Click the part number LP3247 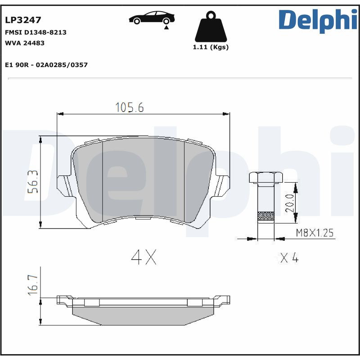click(x=23, y=20)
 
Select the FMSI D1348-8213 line click(x=36, y=32)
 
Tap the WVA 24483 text click(x=24, y=43)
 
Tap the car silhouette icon click(x=152, y=18)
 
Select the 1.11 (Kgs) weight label click(x=211, y=47)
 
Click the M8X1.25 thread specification click(x=315, y=233)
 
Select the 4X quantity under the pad click(x=144, y=257)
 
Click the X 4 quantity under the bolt click(x=289, y=258)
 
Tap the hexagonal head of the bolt click(x=265, y=177)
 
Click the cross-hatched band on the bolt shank click(x=265, y=217)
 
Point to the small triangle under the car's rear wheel click(x=166, y=27)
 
